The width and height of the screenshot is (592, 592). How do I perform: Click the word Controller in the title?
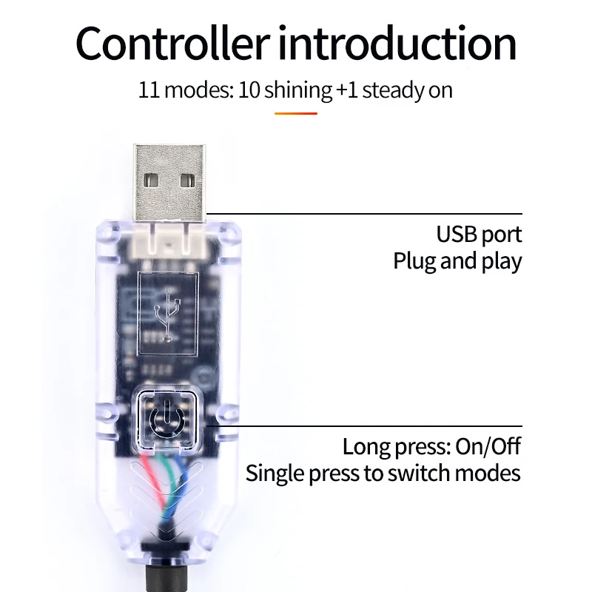pyautogui.click(x=173, y=43)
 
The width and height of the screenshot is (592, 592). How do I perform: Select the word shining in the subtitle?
pyautogui.click(x=298, y=91)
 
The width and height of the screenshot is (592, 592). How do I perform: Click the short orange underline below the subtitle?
pyautogui.click(x=295, y=113)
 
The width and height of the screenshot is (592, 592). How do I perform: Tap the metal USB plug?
pyautogui.click(x=169, y=182)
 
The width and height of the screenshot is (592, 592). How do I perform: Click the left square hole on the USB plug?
pyautogui.click(x=152, y=181)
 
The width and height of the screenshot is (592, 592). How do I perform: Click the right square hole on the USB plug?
pyautogui.click(x=188, y=181)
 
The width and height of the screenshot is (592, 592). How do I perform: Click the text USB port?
pyautogui.click(x=479, y=235)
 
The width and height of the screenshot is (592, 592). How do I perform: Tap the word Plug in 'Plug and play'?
pyautogui.click(x=415, y=261)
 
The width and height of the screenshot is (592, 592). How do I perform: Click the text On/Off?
pyautogui.click(x=488, y=446)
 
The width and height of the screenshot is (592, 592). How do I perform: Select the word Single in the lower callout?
pyautogui.click(x=275, y=474)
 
